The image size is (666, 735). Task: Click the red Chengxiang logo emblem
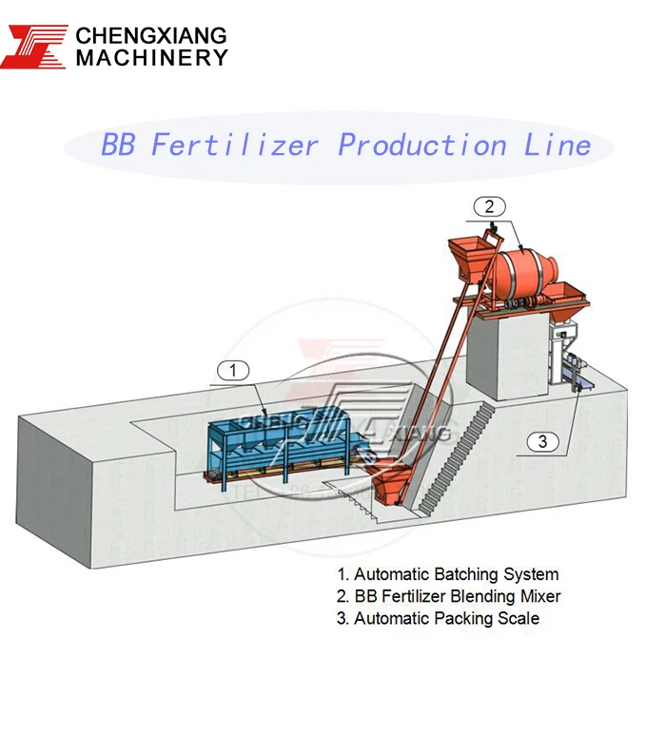click(x=34, y=46)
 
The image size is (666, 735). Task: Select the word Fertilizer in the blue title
click(x=234, y=145)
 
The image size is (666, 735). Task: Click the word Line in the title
click(x=558, y=145)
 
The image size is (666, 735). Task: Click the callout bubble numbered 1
click(x=234, y=371)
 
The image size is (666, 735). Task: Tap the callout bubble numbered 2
click(x=488, y=205)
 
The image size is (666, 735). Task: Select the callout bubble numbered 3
click(x=542, y=440)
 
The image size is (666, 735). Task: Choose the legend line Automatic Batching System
click(x=447, y=574)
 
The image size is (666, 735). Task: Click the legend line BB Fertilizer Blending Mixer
click(x=448, y=596)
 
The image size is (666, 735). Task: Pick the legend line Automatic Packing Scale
click(x=438, y=618)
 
